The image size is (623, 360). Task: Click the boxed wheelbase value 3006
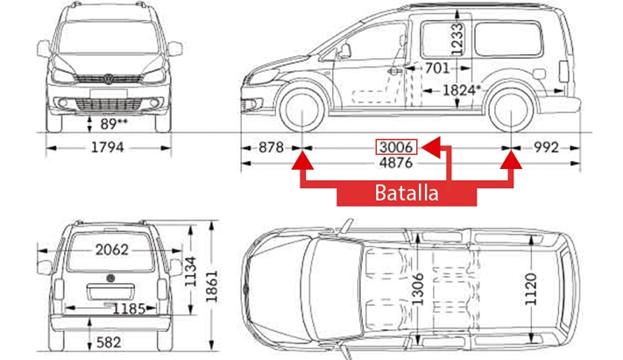pos(396,147)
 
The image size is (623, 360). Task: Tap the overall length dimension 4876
pos(396,163)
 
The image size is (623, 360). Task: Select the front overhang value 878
pos(271,147)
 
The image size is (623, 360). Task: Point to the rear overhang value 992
pos(546,147)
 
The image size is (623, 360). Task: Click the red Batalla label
pos(407,193)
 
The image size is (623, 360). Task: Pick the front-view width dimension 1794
pos(108,147)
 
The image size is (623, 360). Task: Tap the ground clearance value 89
pos(114,124)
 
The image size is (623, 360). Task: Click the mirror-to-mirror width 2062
pos(112,250)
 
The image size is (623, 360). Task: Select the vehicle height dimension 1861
pos(212,286)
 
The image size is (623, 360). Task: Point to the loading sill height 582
pos(109,342)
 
